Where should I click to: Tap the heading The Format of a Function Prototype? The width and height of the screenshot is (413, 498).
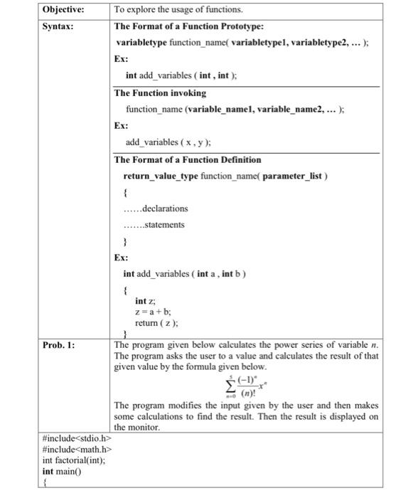[189, 26]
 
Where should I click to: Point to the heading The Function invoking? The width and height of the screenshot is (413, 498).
[161, 93]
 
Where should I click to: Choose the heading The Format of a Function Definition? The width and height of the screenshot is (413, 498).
[188, 159]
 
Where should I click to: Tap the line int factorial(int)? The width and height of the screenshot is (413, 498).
[75, 460]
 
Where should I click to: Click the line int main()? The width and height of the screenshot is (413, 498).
[63, 471]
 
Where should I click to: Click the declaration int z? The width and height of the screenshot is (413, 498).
[145, 301]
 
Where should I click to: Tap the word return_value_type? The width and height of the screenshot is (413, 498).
[159, 175]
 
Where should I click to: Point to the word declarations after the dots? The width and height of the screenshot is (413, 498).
[165, 208]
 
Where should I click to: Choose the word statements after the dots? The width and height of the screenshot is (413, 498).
[164, 225]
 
